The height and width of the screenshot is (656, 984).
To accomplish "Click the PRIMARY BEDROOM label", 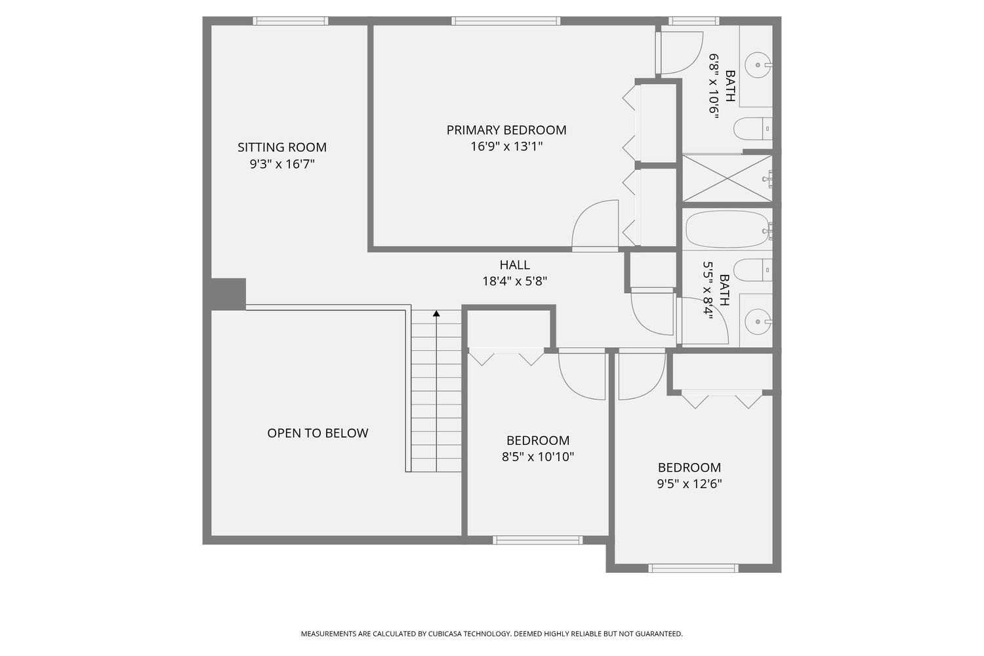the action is point(506,130).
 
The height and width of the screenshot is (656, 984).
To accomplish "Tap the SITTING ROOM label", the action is point(282,147).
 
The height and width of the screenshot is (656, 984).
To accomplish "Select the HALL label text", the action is point(515,265).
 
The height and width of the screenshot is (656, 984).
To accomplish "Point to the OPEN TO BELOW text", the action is point(318,433).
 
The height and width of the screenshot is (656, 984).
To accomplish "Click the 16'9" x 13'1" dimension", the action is point(506,146).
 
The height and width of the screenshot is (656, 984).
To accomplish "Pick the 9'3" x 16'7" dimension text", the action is point(282,165).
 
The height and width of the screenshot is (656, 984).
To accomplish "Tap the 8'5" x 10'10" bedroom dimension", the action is point(538,457).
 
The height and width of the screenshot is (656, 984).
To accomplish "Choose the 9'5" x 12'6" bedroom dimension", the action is point(689,483).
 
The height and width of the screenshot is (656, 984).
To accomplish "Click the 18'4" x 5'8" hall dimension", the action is point(515,281).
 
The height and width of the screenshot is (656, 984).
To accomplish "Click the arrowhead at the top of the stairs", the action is point(436,314).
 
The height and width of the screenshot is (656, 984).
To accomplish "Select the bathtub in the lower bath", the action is point(727,229).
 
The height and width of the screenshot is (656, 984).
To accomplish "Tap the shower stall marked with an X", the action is point(727,178).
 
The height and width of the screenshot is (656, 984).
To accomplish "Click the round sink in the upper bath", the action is point(758,65).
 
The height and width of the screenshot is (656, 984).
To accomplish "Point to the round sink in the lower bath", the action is point(758,321).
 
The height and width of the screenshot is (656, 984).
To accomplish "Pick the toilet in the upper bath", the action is point(753,129).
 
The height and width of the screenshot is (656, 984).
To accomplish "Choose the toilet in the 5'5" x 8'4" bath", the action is point(753,270).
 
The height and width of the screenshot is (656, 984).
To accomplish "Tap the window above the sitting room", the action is point(291,20).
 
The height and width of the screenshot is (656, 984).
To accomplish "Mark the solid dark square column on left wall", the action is point(228,294).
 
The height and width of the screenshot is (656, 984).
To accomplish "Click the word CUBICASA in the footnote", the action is point(444,634).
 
